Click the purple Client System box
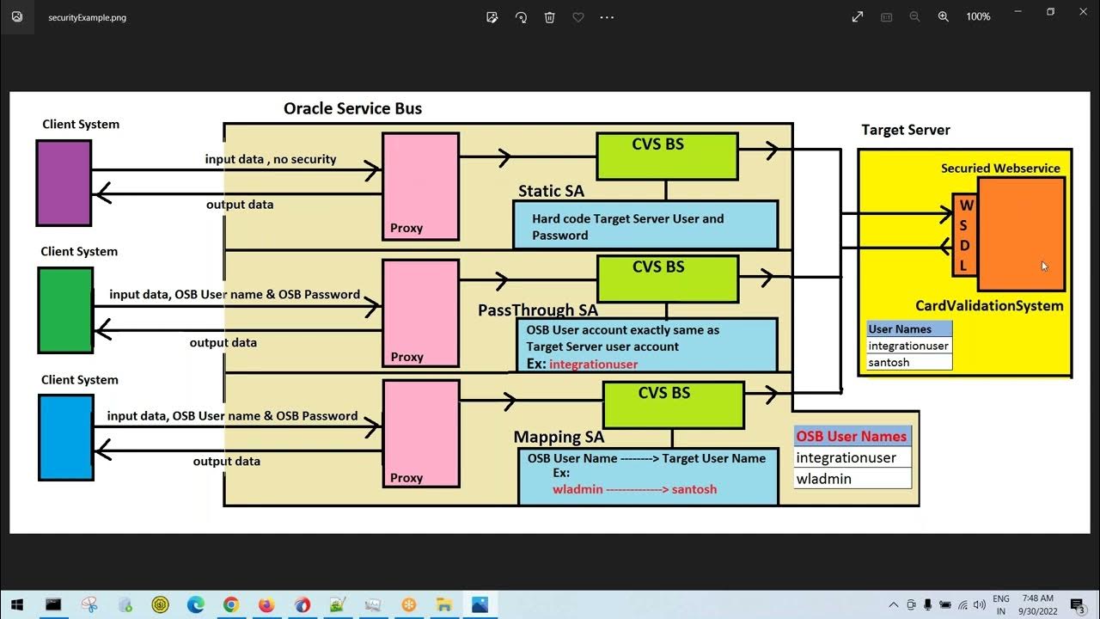tap(64, 183)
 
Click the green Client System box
tap(65, 310)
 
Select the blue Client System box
tap(66, 438)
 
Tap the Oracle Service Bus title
tap(352, 108)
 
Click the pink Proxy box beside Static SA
tap(420, 186)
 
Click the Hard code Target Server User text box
tap(645, 226)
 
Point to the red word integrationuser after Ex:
tap(593, 364)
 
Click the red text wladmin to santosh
tap(634, 489)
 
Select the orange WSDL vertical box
tap(965, 235)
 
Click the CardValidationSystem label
tap(989, 305)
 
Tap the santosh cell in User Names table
tap(908, 362)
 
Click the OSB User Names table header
tap(851, 436)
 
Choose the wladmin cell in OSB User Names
tap(851, 479)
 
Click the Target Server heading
tap(906, 130)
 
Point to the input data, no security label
tap(270, 159)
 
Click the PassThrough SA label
tap(537, 310)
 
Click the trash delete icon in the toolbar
tap(550, 17)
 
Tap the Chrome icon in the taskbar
tap(231, 604)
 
